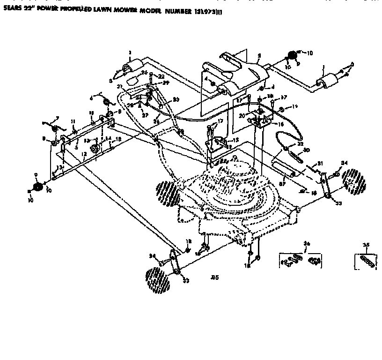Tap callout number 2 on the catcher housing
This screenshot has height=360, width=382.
[258, 55]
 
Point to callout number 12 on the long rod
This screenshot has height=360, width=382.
[83, 154]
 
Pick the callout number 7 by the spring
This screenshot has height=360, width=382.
[57, 118]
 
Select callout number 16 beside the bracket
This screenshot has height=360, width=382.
[281, 125]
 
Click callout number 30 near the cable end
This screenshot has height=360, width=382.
[307, 150]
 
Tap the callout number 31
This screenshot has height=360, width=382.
[321, 163]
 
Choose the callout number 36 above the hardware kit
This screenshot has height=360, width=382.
[307, 243]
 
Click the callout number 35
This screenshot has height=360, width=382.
[366, 244]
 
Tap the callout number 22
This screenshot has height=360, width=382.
[161, 76]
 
